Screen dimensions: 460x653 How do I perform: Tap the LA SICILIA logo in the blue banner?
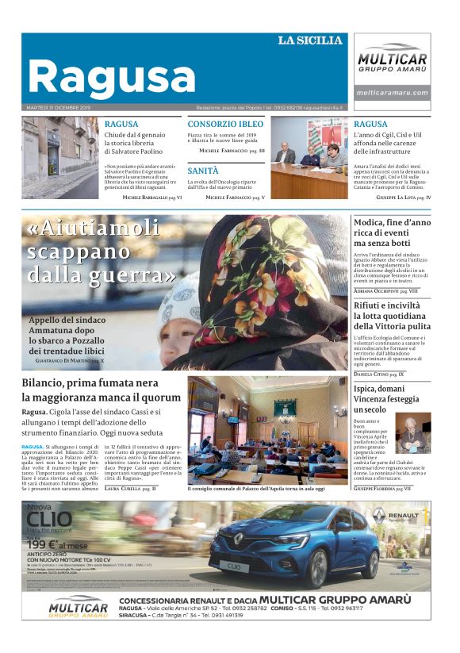(310, 40)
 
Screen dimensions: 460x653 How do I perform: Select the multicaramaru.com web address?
(392, 93)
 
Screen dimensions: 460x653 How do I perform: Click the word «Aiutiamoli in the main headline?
(94, 229)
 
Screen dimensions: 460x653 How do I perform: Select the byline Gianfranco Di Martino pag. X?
(69, 360)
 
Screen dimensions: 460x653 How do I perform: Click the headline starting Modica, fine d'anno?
(392, 223)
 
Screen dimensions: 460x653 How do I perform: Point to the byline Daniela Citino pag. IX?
(379, 374)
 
